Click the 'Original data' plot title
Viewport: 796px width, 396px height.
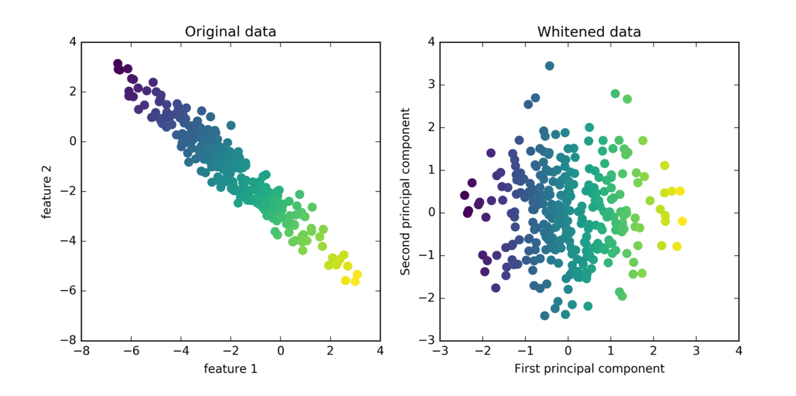coord(230,31)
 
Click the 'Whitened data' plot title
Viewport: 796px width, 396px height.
coord(589,31)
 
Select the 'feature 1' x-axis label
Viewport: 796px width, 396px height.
coord(230,369)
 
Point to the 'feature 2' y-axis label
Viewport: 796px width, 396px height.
coord(46,192)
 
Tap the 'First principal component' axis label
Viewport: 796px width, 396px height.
coord(589,369)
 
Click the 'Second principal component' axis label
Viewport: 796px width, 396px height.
coord(405,191)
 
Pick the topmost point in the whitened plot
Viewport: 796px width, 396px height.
coord(550,66)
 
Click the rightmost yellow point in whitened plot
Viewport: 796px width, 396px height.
coord(682,221)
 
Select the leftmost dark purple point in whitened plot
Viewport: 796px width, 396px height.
coord(464,195)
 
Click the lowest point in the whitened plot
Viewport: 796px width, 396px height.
coord(545,316)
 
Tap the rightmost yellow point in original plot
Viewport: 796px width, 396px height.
coord(357,274)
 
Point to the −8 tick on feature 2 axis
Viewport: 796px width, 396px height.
coord(68,340)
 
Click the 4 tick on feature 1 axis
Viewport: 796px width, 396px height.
coord(380,351)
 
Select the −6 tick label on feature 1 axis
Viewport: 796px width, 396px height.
coord(131,351)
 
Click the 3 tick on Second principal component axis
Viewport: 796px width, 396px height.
coord(431,84)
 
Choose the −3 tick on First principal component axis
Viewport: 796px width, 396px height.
coord(440,351)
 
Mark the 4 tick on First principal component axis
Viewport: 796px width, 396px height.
coord(739,351)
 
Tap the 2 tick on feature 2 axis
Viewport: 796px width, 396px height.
coord(73,92)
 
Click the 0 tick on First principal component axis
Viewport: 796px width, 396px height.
coord(568,351)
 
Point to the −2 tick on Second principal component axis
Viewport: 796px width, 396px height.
coord(427,298)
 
